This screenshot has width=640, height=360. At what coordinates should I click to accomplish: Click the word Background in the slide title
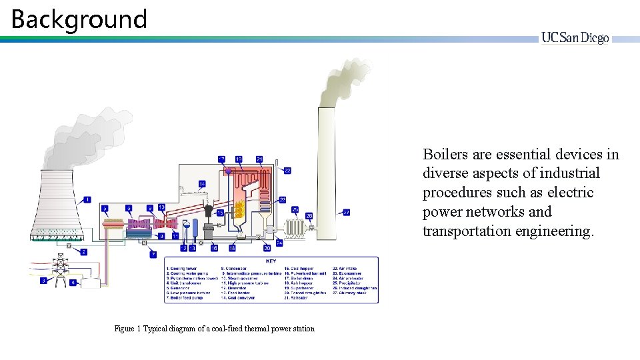coord(79,19)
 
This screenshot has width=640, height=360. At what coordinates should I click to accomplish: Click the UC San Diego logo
coord(575,38)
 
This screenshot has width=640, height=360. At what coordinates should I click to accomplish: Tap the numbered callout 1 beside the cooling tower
coord(87,199)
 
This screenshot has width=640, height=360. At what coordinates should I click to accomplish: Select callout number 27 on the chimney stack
coord(346,213)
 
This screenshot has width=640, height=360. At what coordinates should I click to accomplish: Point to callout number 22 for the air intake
coord(287,171)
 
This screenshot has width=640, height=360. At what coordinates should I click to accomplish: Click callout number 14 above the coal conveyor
coord(202,183)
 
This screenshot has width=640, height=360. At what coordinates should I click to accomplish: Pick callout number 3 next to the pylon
coord(43,281)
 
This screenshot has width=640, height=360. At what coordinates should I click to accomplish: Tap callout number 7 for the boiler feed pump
coord(153,254)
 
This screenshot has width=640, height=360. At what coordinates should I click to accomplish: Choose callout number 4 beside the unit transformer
coord(73,282)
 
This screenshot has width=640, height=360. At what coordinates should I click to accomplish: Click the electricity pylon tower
coord(61,269)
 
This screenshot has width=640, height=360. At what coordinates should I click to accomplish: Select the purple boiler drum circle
coord(228,171)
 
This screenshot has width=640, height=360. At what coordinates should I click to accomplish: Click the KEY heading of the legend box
coord(271,262)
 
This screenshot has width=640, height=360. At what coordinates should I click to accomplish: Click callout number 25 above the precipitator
coord(295,209)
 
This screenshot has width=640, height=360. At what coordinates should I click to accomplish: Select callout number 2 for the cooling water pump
coord(84,252)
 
